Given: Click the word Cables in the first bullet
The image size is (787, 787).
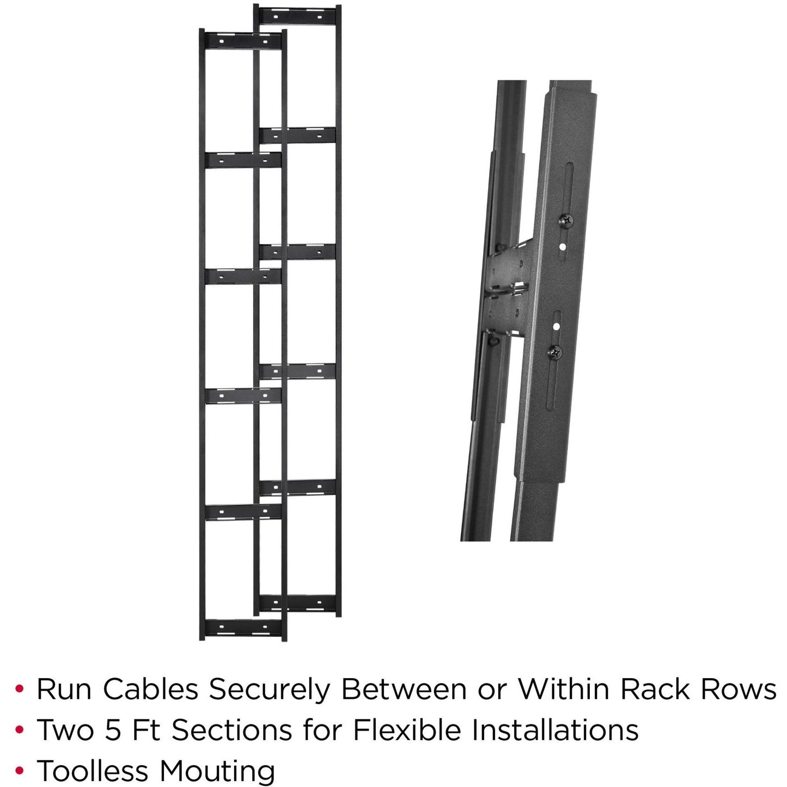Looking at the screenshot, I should point(150,690).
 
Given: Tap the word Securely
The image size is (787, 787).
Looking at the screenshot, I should point(270,690).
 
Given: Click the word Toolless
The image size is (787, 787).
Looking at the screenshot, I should point(93,771).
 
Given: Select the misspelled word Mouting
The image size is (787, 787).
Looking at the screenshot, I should point(217,771).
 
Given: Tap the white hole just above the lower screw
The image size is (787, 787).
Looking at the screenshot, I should point(556,327).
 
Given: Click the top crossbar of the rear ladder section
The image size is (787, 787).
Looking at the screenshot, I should point(297,15).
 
